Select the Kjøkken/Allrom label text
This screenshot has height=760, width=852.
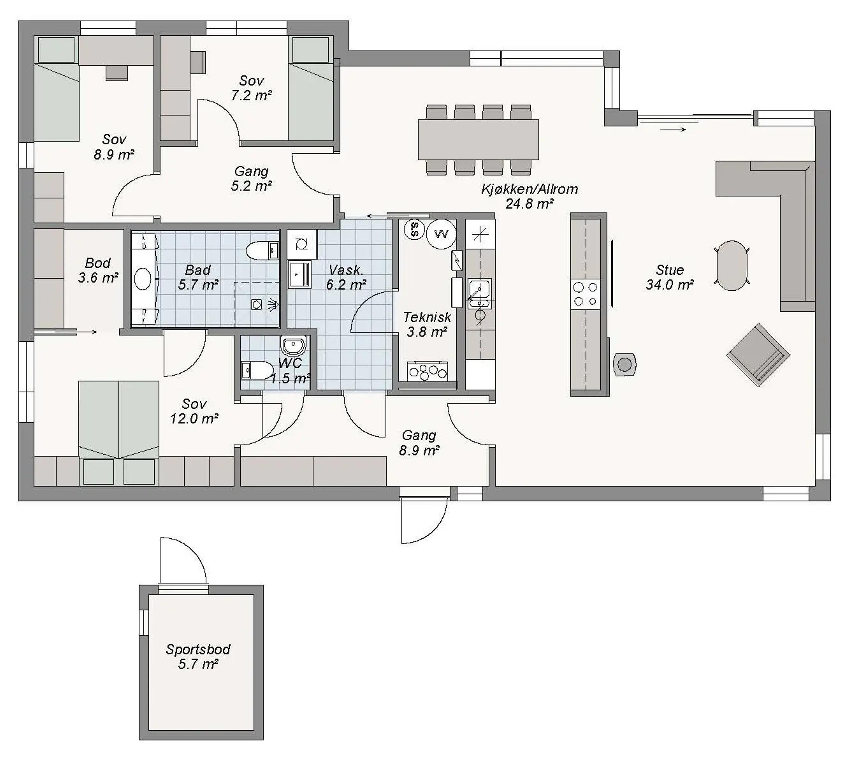[529, 189]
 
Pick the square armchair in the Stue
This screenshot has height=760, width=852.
[758, 354]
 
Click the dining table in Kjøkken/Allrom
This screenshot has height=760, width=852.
[478, 139]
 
